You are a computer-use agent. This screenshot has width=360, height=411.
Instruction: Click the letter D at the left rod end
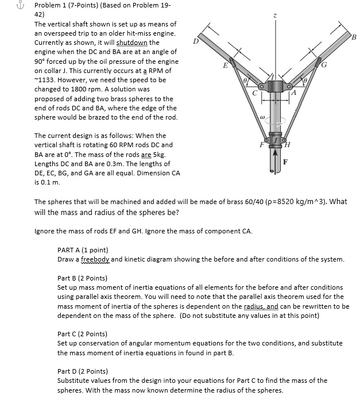pyautogui.click(x=196, y=41)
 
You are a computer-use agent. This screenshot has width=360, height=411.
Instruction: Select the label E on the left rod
pyautogui.click(x=226, y=66)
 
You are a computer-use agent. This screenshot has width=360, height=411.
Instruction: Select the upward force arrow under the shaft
pyautogui.click(x=276, y=158)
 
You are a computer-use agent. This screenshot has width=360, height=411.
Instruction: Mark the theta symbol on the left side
pyautogui.click(x=247, y=83)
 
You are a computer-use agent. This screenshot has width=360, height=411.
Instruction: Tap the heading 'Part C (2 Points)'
pyautogui.click(x=82, y=334)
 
